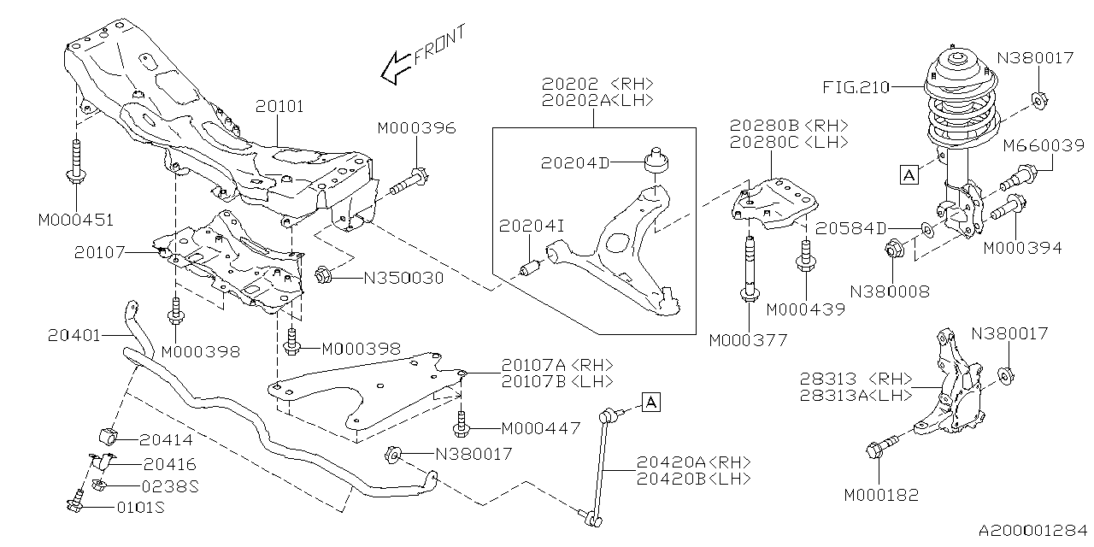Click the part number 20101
point(279,107)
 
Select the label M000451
point(75,221)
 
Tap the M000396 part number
point(416,128)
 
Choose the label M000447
point(540,427)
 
